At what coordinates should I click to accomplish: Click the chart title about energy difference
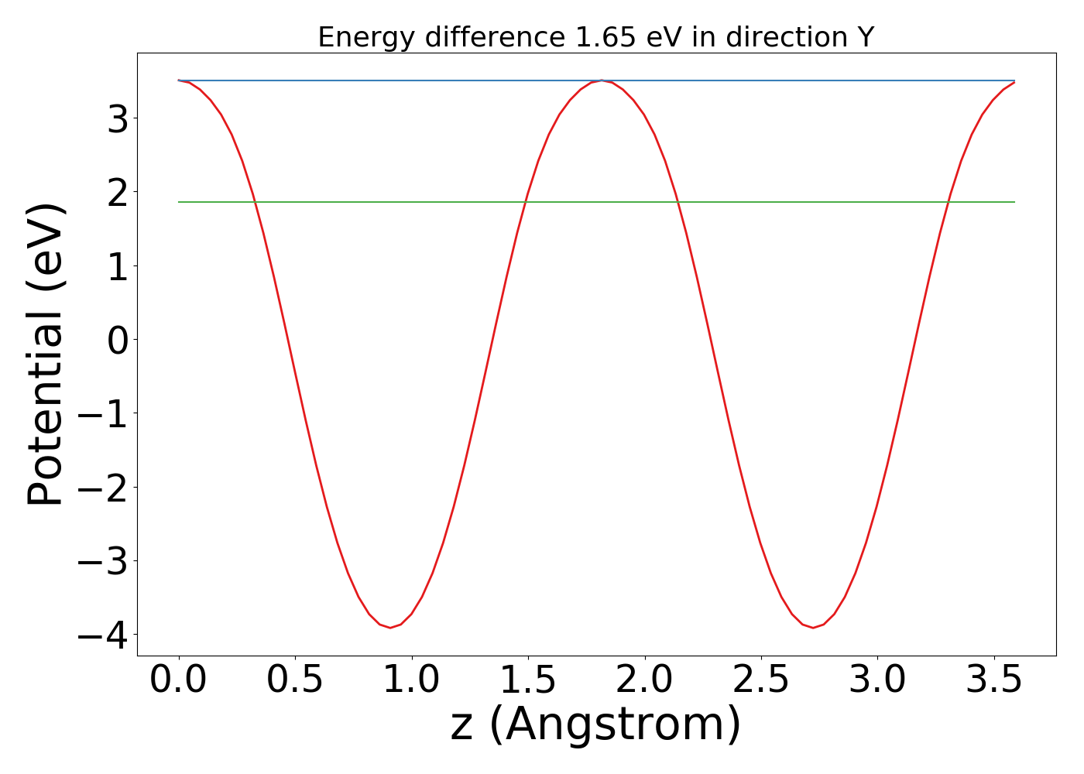[595, 37]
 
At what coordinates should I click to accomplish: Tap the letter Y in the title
[865, 37]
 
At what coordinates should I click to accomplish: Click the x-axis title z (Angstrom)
[595, 724]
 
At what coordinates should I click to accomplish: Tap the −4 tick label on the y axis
[104, 635]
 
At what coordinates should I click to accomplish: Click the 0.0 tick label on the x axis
[179, 681]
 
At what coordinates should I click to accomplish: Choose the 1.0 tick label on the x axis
[412, 681]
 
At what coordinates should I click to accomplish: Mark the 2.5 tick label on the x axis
[761, 681]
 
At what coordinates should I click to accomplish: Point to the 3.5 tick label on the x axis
[994, 681]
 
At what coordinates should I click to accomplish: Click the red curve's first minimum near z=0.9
[390, 627]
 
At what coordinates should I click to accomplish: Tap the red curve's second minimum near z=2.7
[813, 627]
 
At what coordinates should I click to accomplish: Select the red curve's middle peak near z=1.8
[602, 80]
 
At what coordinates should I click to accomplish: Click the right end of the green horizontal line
[1014, 202]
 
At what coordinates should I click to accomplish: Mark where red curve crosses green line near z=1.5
[527, 202]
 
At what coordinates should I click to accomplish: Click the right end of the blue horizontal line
[1014, 80]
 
